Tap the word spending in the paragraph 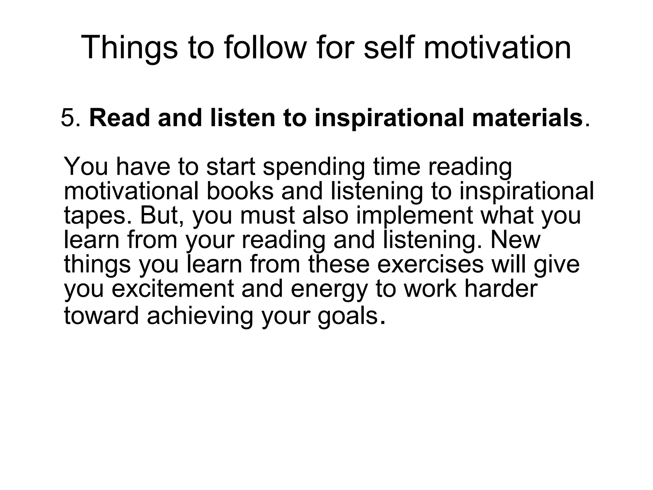coord(313,167)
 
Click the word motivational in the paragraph coord(131,191)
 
